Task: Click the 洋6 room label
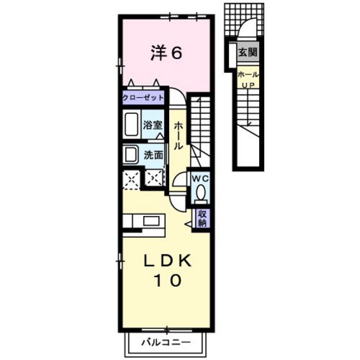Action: tap(166, 53)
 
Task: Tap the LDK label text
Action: tap(168, 261)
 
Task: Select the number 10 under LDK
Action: tap(168, 280)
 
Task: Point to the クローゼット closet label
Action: tap(143, 98)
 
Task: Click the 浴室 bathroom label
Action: tap(153, 125)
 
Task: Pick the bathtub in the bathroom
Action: tap(132, 124)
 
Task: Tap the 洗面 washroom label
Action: tap(154, 155)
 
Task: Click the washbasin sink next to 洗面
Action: tap(130, 154)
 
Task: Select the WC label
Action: tap(201, 179)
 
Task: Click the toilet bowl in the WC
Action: tap(201, 194)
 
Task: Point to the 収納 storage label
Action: tap(203, 218)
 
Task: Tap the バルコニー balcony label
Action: tap(166, 343)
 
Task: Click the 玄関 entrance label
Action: tap(248, 52)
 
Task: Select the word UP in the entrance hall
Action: tap(248, 85)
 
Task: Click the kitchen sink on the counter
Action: tap(151, 221)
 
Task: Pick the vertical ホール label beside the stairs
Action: tap(179, 136)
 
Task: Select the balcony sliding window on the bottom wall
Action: tap(166, 330)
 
